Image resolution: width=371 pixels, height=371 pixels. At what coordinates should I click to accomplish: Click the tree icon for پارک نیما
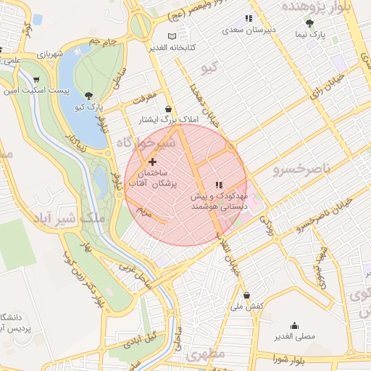(x=310, y=22)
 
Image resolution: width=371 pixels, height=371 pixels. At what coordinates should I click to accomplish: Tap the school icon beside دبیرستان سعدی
(x=249, y=18)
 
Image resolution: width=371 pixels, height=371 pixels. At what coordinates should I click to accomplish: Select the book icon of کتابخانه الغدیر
(x=171, y=36)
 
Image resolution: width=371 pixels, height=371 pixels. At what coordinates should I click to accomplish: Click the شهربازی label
(x=51, y=54)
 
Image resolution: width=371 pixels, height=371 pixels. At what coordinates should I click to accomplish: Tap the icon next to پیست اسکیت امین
(x=36, y=80)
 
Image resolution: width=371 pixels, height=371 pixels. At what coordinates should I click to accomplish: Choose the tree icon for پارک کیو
(x=88, y=95)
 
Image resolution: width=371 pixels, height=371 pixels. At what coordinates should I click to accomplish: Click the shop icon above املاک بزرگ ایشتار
(x=169, y=108)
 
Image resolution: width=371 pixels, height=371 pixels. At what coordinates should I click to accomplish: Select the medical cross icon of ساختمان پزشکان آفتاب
(x=151, y=162)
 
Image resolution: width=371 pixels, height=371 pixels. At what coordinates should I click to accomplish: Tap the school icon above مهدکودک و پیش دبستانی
(x=220, y=185)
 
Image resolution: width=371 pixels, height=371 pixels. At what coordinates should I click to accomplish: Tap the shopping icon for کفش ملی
(x=248, y=295)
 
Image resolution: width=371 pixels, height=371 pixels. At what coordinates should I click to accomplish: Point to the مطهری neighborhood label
(x=206, y=355)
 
